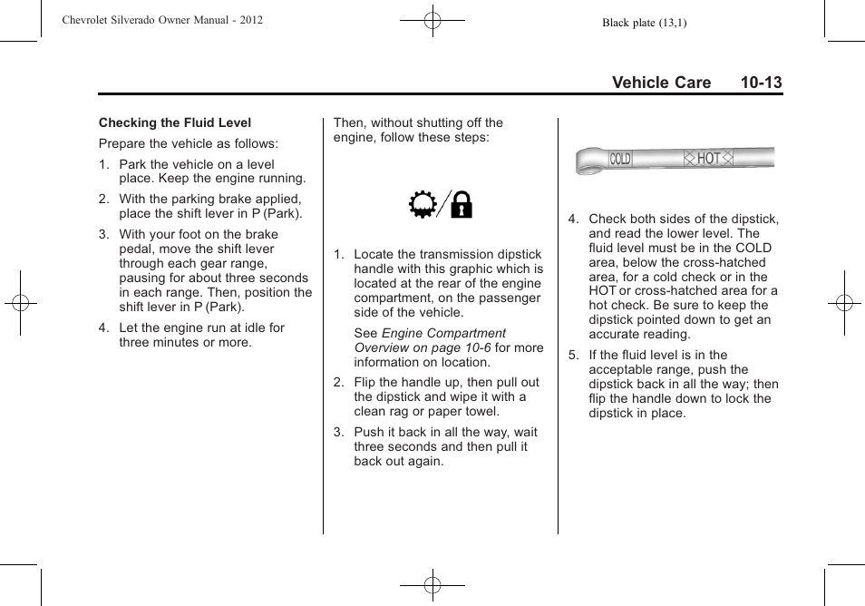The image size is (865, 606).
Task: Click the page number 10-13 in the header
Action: (760, 83)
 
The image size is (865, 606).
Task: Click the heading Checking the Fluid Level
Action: (175, 122)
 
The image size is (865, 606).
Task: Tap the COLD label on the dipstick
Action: (620, 160)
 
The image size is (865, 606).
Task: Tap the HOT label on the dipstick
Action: (708, 159)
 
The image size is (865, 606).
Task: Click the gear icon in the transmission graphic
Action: (423, 206)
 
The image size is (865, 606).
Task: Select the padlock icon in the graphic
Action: (461, 207)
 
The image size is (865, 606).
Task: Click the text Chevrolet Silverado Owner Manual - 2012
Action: (162, 20)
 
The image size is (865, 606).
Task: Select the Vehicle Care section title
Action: (661, 83)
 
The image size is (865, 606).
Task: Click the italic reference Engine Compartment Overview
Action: (429, 340)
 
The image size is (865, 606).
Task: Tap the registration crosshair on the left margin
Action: (20, 303)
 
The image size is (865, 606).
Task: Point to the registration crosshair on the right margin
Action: (843, 303)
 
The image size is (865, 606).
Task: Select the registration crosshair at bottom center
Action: (432, 585)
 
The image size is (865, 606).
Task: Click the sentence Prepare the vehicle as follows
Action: (189, 143)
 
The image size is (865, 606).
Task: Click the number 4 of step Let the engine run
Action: (103, 327)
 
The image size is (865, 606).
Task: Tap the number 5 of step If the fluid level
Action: (572, 355)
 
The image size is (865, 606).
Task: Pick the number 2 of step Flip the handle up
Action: (338, 382)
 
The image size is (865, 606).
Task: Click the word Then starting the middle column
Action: (350, 122)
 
